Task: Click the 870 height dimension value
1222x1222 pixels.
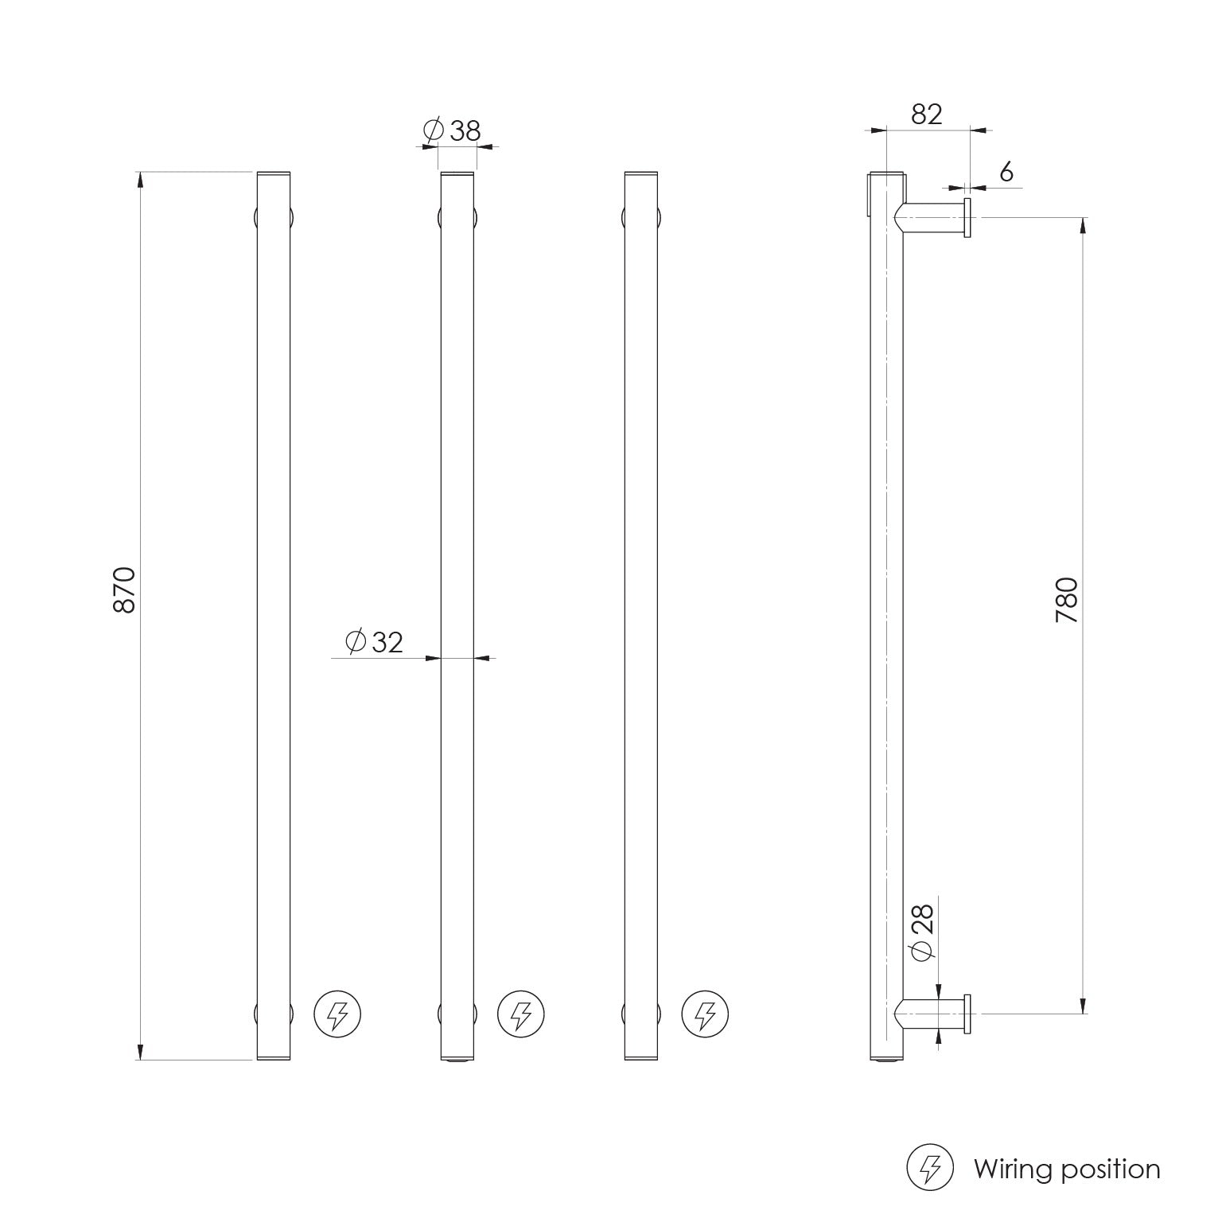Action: [x=125, y=590]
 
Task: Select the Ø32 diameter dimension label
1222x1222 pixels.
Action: [x=376, y=640]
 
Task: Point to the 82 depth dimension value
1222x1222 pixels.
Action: [x=926, y=115]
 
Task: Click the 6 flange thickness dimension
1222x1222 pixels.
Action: [x=1006, y=171]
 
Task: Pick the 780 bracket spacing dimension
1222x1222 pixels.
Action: [x=1066, y=600]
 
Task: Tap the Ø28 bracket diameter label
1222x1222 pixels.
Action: [x=921, y=932]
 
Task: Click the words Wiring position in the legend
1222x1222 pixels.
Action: [x=1067, y=1169]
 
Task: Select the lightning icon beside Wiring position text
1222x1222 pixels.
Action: [x=930, y=1168]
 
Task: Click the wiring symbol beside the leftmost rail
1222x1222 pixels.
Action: [x=337, y=1014]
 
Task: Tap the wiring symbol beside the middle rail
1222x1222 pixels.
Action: [x=521, y=1014]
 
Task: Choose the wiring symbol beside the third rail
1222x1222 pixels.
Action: [x=705, y=1014]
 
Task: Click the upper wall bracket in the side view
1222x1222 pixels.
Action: [x=935, y=216]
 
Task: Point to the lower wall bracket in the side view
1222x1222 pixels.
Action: [x=935, y=1014]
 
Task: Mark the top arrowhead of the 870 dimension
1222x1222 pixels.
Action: [x=141, y=179]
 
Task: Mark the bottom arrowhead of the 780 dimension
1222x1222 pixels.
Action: [x=1083, y=1006]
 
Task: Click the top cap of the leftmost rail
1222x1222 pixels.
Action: [x=274, y=173]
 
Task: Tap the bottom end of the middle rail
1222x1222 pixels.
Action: [x=457, y=1058]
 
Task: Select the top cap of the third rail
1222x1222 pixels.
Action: [x=641, y=173]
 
